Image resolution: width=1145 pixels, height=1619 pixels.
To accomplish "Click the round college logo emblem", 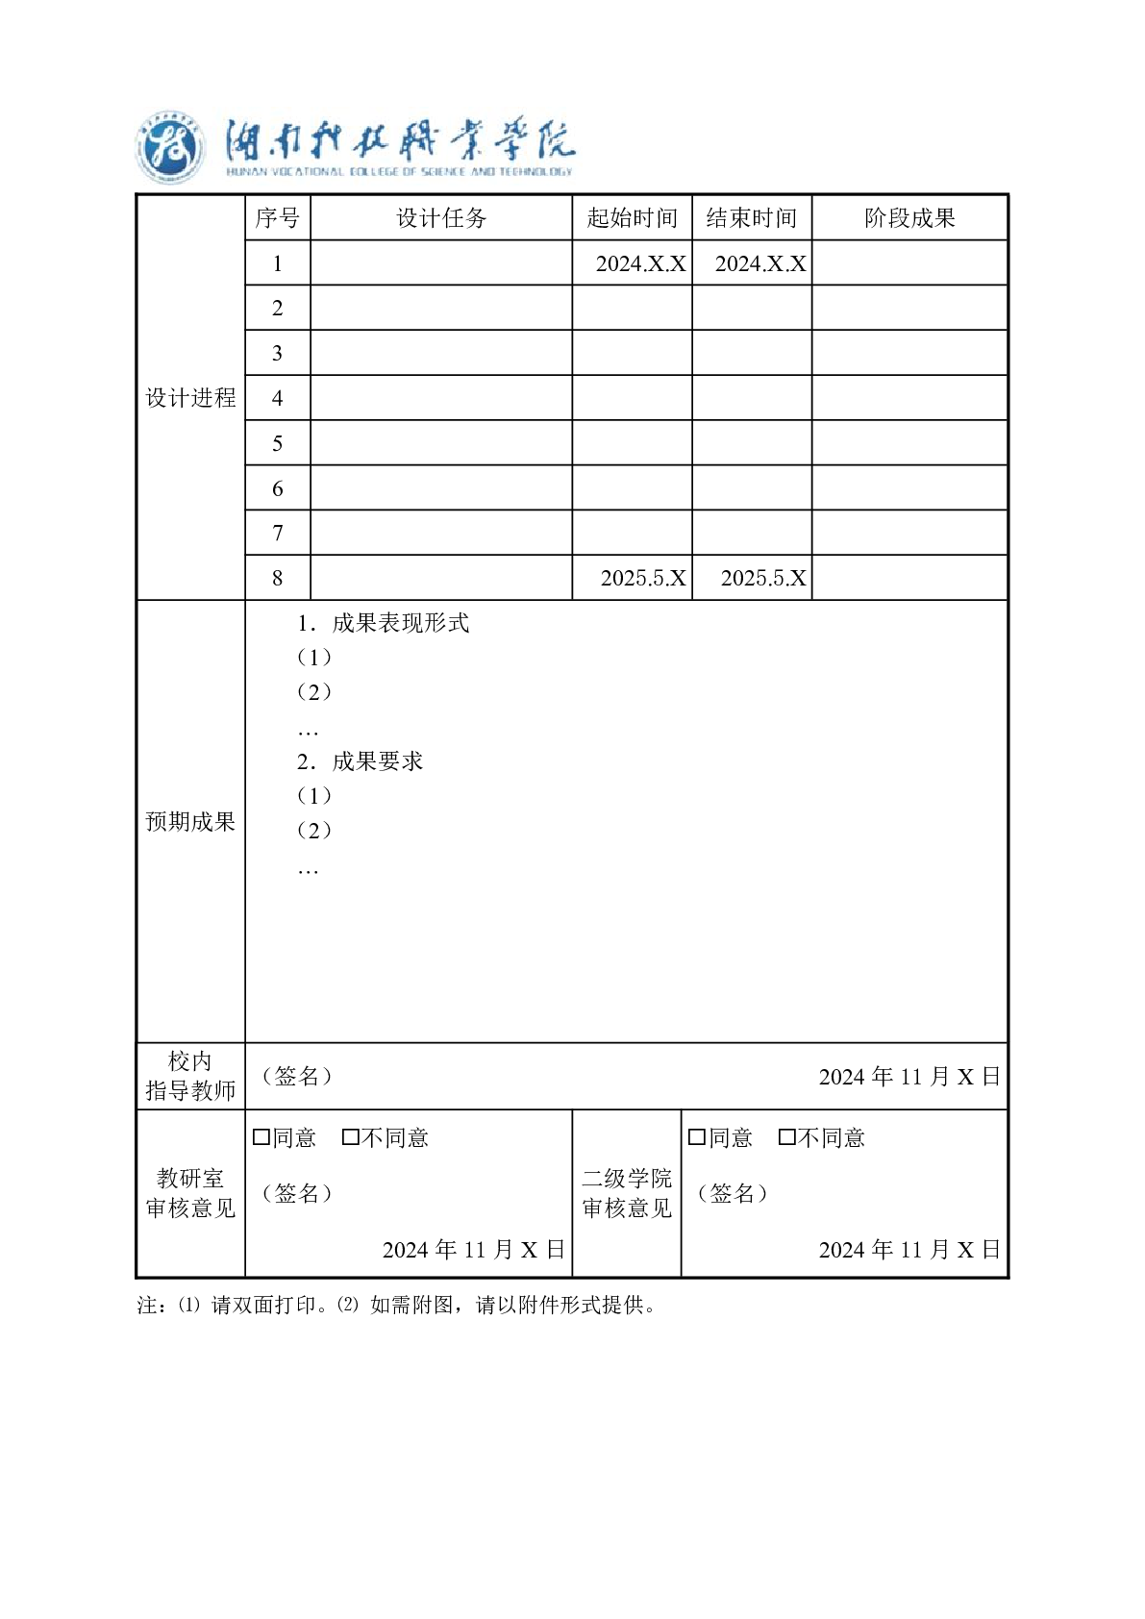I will (169, 150).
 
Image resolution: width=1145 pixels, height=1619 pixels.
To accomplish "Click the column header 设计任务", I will (441, 218).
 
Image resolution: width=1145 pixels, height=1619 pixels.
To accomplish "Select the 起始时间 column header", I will (632, 218).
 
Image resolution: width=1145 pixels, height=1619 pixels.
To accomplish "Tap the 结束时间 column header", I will (752, 218).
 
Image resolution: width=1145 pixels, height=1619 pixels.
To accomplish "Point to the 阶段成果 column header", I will (909, 218).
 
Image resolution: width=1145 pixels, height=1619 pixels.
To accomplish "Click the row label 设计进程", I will (190, 398).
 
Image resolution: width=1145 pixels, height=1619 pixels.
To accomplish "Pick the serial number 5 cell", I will (278, 443).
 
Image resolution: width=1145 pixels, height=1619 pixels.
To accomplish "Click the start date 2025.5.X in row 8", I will (643, 578).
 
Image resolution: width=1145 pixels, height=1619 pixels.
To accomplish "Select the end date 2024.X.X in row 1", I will (760, 263).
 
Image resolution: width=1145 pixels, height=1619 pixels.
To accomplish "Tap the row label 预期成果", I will (190, 822).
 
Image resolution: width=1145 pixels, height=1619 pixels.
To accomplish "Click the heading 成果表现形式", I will (400, 623).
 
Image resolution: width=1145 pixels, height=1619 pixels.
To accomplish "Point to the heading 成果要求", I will (377, 761).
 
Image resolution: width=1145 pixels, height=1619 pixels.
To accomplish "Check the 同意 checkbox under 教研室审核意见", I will (261, 1138).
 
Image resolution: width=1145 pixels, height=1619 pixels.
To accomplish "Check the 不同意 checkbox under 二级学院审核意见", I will (786, 1138).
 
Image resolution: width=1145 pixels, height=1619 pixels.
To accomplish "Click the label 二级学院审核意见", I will (627, 1193).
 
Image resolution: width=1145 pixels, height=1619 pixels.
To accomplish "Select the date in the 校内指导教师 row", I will (909, 1077).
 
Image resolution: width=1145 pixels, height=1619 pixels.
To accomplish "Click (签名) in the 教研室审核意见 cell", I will (297, 1193).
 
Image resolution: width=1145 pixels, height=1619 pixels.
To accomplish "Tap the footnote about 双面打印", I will (397, 1306).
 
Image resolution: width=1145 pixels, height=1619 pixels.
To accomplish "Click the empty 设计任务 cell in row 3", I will (441, 353).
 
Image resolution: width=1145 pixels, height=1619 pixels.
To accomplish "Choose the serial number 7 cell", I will (278, 533).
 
